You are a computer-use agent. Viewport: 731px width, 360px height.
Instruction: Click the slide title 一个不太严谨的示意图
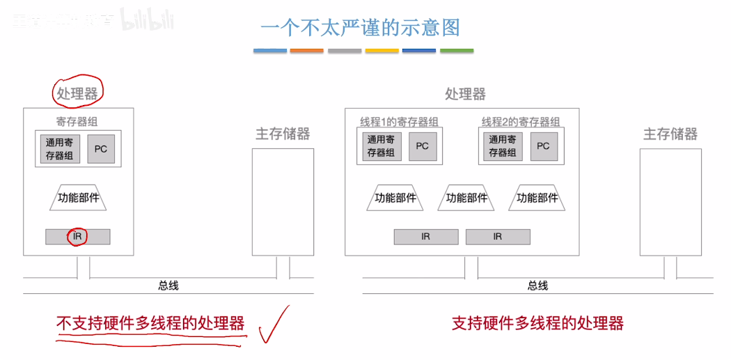tap(360, 27)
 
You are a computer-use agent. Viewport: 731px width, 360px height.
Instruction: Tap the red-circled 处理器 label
tap(78, 93)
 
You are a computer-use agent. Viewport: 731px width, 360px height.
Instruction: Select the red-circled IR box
tap(78, 237)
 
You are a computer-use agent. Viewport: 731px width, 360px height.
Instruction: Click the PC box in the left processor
tap(101, 149)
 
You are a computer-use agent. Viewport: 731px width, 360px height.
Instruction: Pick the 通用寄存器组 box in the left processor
tap(60, 149)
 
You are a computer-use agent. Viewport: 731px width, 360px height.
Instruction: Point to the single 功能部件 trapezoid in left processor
tap(79, 198)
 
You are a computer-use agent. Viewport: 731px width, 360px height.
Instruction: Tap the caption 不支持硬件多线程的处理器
tap(150, 323)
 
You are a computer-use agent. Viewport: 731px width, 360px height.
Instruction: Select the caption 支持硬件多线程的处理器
tap(537, 323)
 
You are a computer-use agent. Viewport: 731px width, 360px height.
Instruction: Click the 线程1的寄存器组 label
tap(399, 122)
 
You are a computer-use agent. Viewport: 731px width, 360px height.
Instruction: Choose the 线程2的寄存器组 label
tap(521, 122)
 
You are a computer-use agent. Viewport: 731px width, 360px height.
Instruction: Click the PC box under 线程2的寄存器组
tap(543, 146)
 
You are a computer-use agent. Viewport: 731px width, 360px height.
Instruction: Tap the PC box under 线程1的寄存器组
tap(422, 146)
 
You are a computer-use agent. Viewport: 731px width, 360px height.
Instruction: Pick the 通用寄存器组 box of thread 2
tap(502, 146)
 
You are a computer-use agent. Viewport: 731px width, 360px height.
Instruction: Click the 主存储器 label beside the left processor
tap(282, 134)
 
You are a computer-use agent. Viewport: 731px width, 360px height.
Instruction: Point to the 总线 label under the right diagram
tap(537, 285)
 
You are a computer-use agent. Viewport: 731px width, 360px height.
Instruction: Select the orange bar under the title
tap(307, 51)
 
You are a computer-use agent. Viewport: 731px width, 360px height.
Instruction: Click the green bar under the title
tap(457, 51)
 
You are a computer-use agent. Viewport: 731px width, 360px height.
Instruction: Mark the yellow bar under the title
tap(382, 51)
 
